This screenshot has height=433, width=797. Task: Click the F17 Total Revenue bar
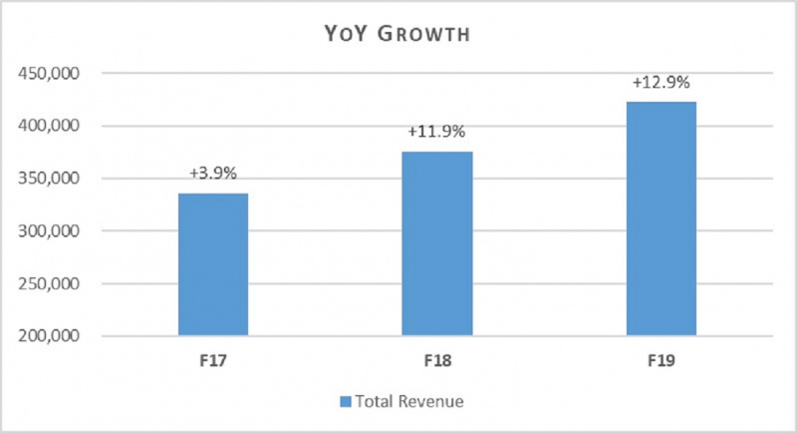point(212,264)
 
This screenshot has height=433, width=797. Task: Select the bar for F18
point(436,243)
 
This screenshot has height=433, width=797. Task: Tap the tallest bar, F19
point(661,218)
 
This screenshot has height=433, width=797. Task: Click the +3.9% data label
point(212,175)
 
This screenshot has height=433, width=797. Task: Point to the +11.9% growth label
point(436,133)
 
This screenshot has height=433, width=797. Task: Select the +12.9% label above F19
point(661,83)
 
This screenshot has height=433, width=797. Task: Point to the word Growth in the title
point(429,35)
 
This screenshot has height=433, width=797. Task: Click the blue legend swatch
point(344,402)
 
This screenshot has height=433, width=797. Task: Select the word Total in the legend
point(374,402)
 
